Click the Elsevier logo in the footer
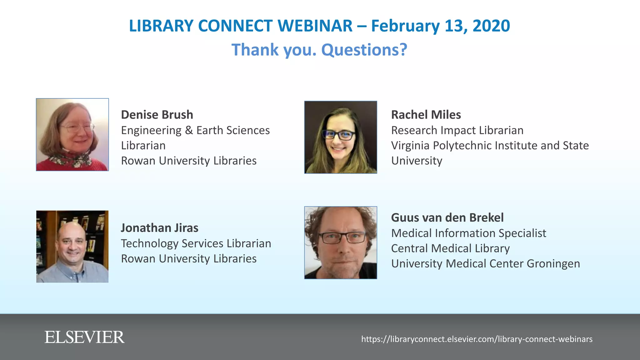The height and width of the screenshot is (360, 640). tap(84, 337)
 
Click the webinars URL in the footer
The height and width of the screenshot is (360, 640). tap(477, 339)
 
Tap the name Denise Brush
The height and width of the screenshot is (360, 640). tap(157, 115)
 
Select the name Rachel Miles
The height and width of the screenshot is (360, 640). tap(426, 115)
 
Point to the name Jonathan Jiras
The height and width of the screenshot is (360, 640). tap(159, 228)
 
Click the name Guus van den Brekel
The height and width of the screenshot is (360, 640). tap(447, 217)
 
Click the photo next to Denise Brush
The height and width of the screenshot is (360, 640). tap(72, 135)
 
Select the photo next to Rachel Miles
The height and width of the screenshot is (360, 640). tap(341, 137)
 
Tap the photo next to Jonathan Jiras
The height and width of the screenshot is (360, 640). tap(72, 247)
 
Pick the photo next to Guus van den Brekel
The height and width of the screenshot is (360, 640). tap(341, 242)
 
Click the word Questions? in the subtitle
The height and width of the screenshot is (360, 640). tap(364, 50)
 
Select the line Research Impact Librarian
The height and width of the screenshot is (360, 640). tap(457, 130)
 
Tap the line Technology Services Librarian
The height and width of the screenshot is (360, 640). tap(196, 243)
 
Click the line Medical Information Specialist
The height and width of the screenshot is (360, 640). tap(468, 233)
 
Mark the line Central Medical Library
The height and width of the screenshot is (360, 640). tap(450, 248)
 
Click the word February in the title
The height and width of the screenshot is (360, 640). tap(405, 26)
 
